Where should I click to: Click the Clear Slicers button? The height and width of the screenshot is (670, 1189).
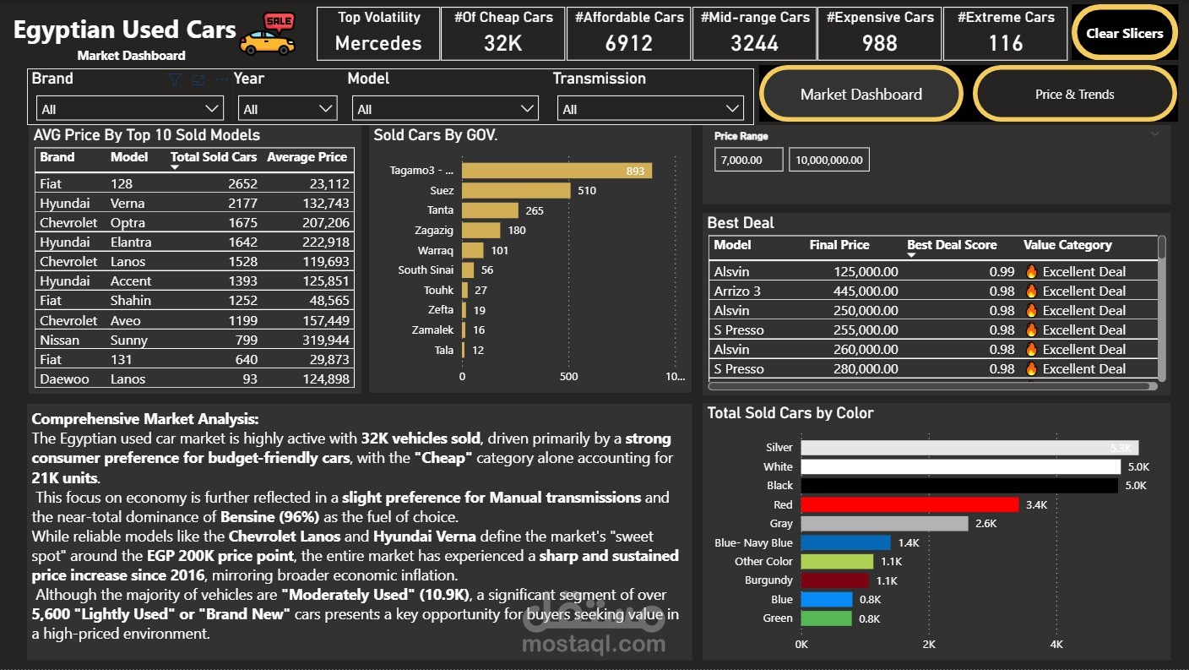point(1124,34)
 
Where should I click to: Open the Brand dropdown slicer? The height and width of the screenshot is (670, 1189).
point(130,109)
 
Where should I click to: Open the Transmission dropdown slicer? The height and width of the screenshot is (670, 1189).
point(650,109)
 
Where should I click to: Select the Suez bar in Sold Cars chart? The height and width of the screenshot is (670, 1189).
point(516,191)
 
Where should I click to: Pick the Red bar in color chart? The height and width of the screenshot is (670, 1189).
point(909,504)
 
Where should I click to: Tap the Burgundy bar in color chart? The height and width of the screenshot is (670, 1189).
point(834,580)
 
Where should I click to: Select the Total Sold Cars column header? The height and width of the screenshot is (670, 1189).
point(213,157)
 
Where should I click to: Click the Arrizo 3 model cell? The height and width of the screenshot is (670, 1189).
point(737,291)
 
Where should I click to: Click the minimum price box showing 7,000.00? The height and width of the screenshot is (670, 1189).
point(748,160)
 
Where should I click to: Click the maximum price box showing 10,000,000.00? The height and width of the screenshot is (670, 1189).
point(828,160)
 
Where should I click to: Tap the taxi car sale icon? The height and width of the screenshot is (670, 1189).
point(268,35)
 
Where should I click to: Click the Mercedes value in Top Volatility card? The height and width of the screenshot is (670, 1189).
point(378,43)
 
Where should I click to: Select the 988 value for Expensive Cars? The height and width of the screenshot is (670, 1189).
point(880,43)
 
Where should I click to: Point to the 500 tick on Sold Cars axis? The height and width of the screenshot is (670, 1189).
point(569,376)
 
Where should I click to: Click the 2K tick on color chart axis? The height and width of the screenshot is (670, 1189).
point(929,645)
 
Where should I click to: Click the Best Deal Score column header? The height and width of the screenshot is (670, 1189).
point(952,245)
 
